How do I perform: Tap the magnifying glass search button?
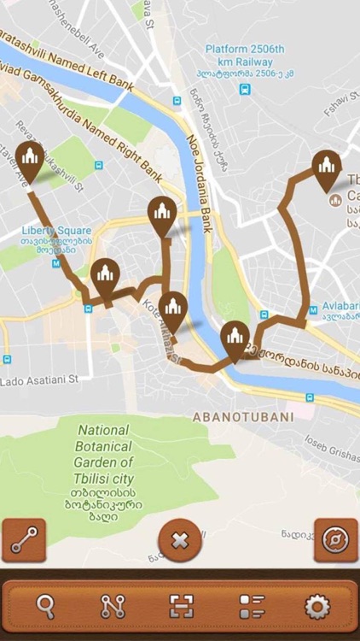pos(46,606)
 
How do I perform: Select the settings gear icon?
pos(316,606)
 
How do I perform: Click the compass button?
pos(335,540)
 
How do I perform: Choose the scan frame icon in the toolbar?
pos(182,606)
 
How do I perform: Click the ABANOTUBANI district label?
pos(242,417)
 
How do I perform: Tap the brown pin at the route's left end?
pos(30,162)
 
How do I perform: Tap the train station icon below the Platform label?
pos(245,89)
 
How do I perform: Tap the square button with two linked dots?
pos(24,540)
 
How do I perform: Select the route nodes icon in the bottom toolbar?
pos(113,606)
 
